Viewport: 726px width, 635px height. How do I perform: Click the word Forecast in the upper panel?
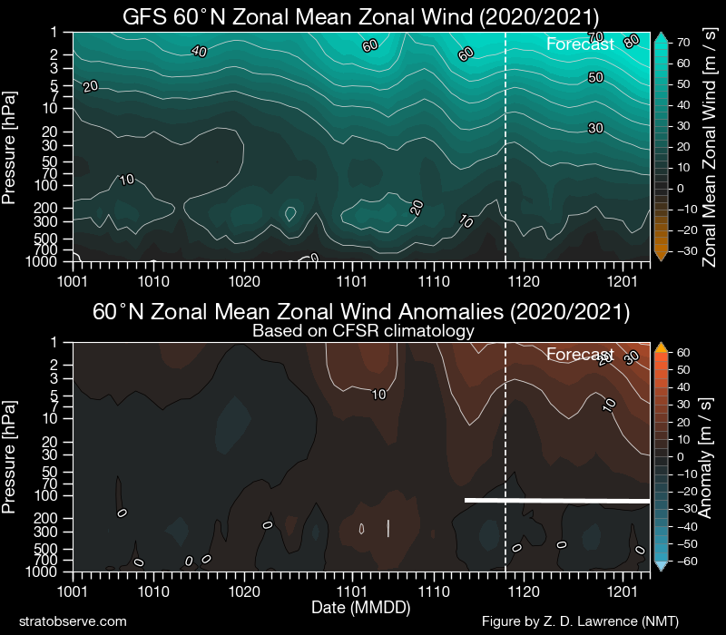tap(581, 44)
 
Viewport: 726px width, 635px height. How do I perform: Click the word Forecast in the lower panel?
tap(581, 355)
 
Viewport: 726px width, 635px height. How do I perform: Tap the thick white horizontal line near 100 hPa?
tap(557, 500)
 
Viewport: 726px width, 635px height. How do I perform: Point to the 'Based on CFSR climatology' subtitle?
tap(363, 331)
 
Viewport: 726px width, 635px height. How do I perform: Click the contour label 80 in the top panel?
tap(632, 40)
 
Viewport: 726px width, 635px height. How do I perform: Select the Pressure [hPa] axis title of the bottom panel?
tap(13, 458)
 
